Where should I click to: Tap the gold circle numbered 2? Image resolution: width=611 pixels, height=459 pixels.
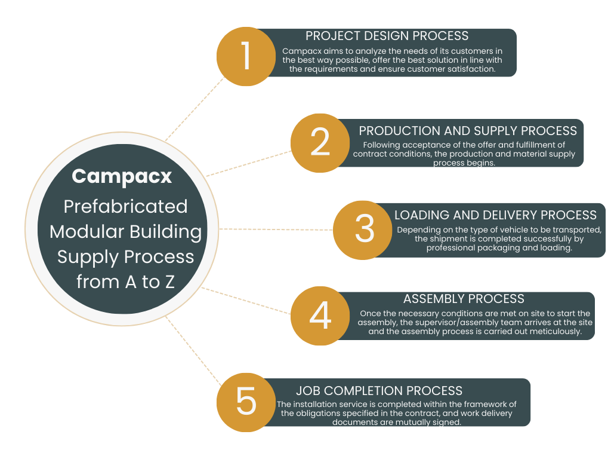320,142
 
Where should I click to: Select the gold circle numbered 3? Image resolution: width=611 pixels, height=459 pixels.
363,229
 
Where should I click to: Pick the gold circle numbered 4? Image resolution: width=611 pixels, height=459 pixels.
320,316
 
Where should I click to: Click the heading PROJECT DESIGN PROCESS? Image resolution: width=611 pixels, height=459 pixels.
387,36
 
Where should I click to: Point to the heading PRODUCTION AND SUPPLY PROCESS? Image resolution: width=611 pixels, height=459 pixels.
468,130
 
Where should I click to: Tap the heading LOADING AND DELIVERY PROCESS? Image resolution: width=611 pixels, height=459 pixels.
495,215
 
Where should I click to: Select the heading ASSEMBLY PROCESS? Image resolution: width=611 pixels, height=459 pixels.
464,299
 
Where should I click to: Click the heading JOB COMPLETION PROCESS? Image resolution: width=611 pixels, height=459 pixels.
379,391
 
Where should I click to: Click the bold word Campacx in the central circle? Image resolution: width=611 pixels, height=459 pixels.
122,176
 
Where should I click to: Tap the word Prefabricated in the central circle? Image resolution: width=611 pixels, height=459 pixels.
125,206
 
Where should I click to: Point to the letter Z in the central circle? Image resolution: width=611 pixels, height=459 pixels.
169,282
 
